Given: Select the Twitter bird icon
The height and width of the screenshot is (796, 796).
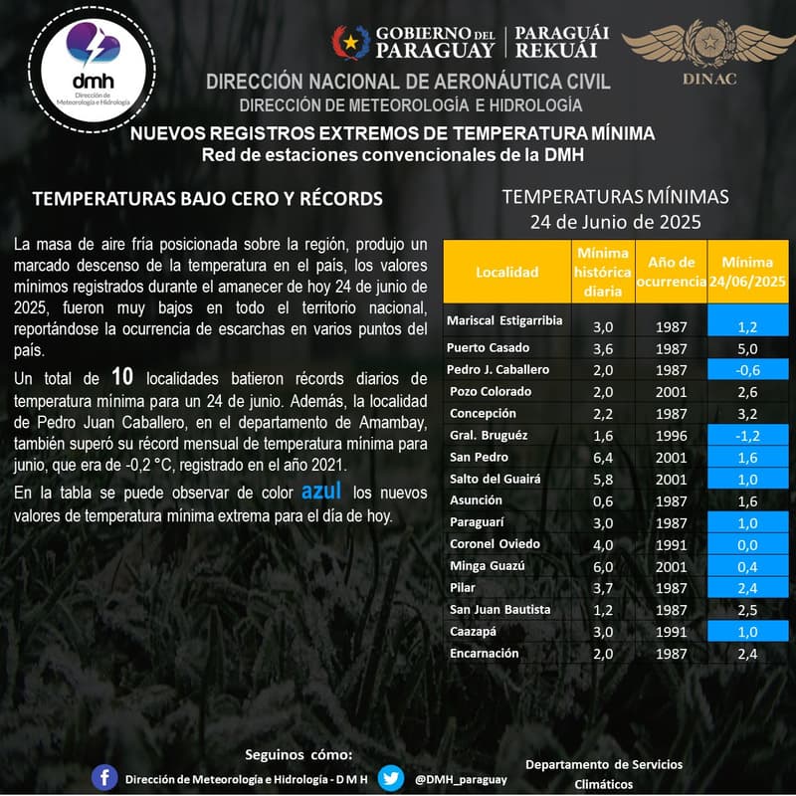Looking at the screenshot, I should [x=391, y=777].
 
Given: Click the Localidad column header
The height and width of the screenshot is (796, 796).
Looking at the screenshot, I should [x=506, y=272].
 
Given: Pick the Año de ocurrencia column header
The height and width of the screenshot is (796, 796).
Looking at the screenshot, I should [x=671, y=272].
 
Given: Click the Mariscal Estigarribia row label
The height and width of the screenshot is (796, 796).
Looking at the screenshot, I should [x=504, y=320].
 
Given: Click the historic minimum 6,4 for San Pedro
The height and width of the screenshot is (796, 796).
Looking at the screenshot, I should [x=603, y=458].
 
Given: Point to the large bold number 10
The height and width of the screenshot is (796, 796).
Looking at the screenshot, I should [x=122, y=376].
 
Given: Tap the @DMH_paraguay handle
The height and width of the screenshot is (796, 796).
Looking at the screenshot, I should [x=461, y=778].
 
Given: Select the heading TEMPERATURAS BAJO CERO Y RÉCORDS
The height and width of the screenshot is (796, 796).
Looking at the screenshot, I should [x=207, y=199].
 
